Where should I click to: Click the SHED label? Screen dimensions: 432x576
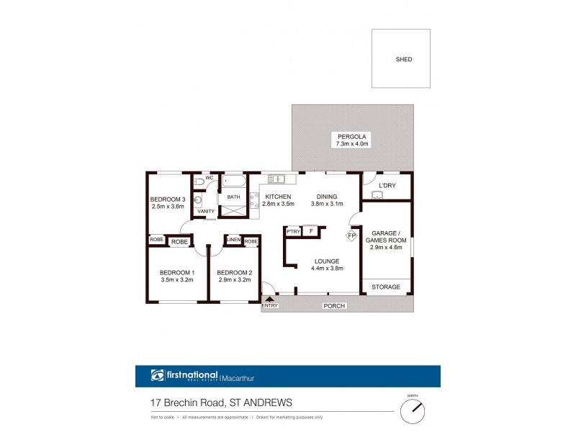click(x=404, y=60)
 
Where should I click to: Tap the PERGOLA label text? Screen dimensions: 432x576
click(x=352, y=136)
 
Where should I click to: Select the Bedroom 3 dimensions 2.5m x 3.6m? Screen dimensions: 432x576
click(x=168, y=207)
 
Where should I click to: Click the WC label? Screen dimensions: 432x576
click(x=210, y=178)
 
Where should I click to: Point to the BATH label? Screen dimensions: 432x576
click(x=233, y=197)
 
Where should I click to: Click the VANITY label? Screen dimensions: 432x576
click(x=206, y=211)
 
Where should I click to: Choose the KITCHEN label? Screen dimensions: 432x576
click(x=278, y=197)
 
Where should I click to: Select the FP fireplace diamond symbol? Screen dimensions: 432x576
click(x=352, y=235)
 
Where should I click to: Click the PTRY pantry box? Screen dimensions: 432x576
click(x=293, y=231)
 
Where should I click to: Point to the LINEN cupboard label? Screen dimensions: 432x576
click(x=233, y=240)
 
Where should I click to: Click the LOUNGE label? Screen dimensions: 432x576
click(x=327, y=261)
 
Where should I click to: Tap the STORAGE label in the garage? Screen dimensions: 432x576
click(x=386, y=287)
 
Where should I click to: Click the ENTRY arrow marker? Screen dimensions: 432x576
click(x=270, y=298)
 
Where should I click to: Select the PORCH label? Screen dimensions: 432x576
click(x=336, y=306)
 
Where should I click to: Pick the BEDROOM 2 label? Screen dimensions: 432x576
click(x=234, y=271)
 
